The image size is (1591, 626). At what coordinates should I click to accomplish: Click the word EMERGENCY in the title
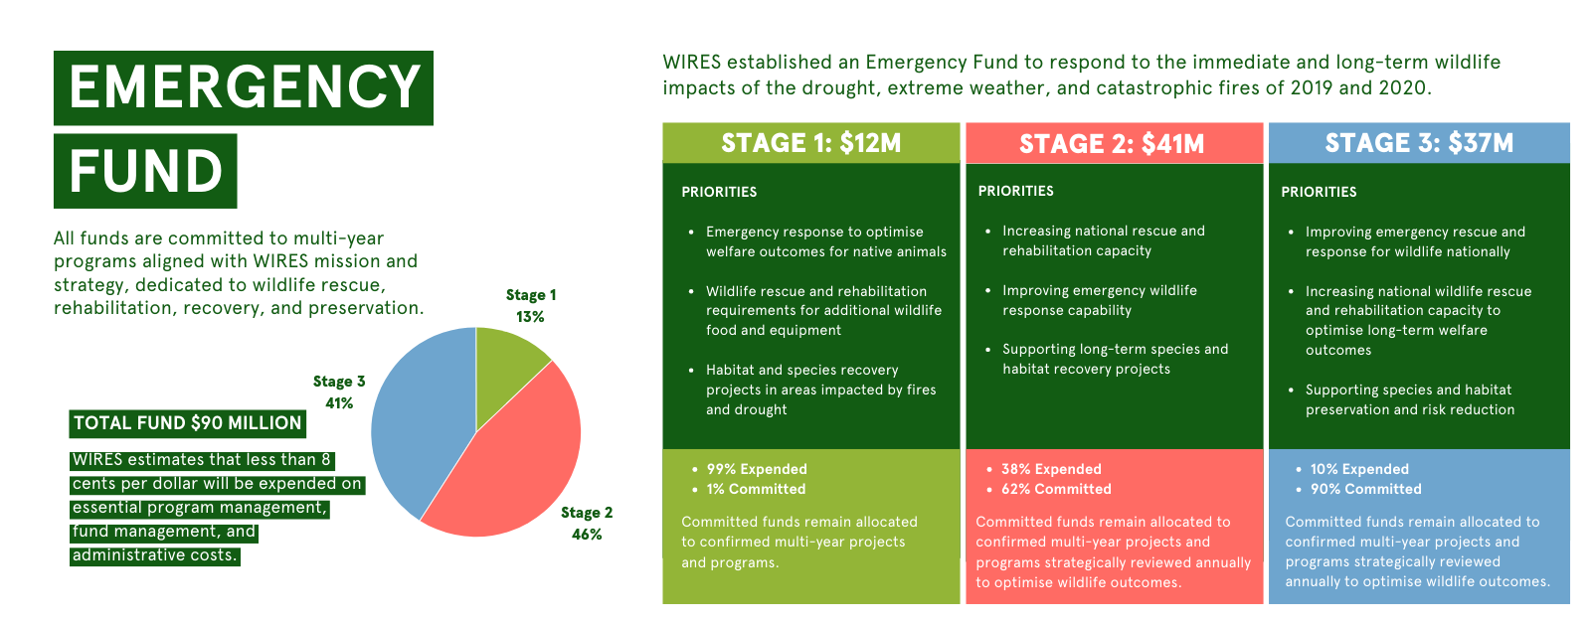pos(245,87)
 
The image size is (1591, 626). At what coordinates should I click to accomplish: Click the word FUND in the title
pos(146,171)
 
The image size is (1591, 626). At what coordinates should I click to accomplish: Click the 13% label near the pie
pos(530,317)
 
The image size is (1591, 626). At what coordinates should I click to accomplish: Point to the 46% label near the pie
pos(587,535)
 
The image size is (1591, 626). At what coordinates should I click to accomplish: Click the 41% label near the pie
pos(339,403)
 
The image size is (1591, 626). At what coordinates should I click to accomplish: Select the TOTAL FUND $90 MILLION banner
pos(188,423)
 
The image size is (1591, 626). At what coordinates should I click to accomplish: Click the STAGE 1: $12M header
pos(811,143)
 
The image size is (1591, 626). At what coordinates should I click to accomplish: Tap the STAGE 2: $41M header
pos(1112,144)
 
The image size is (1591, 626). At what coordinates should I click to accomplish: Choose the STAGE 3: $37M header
pos(1419,143)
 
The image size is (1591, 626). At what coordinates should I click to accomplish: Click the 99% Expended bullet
pos(757,469)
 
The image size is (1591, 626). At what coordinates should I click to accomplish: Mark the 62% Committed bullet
pos(1056,489)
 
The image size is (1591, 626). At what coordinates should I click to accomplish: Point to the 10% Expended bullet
pos(1359,469)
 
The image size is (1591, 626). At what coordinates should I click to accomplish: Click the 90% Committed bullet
pos(1365,489)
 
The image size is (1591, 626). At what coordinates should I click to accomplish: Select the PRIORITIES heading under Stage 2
pos(1015,191)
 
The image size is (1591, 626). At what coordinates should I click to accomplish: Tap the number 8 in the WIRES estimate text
pos(325,460)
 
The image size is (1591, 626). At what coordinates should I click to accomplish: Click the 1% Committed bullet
pos(756,489)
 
